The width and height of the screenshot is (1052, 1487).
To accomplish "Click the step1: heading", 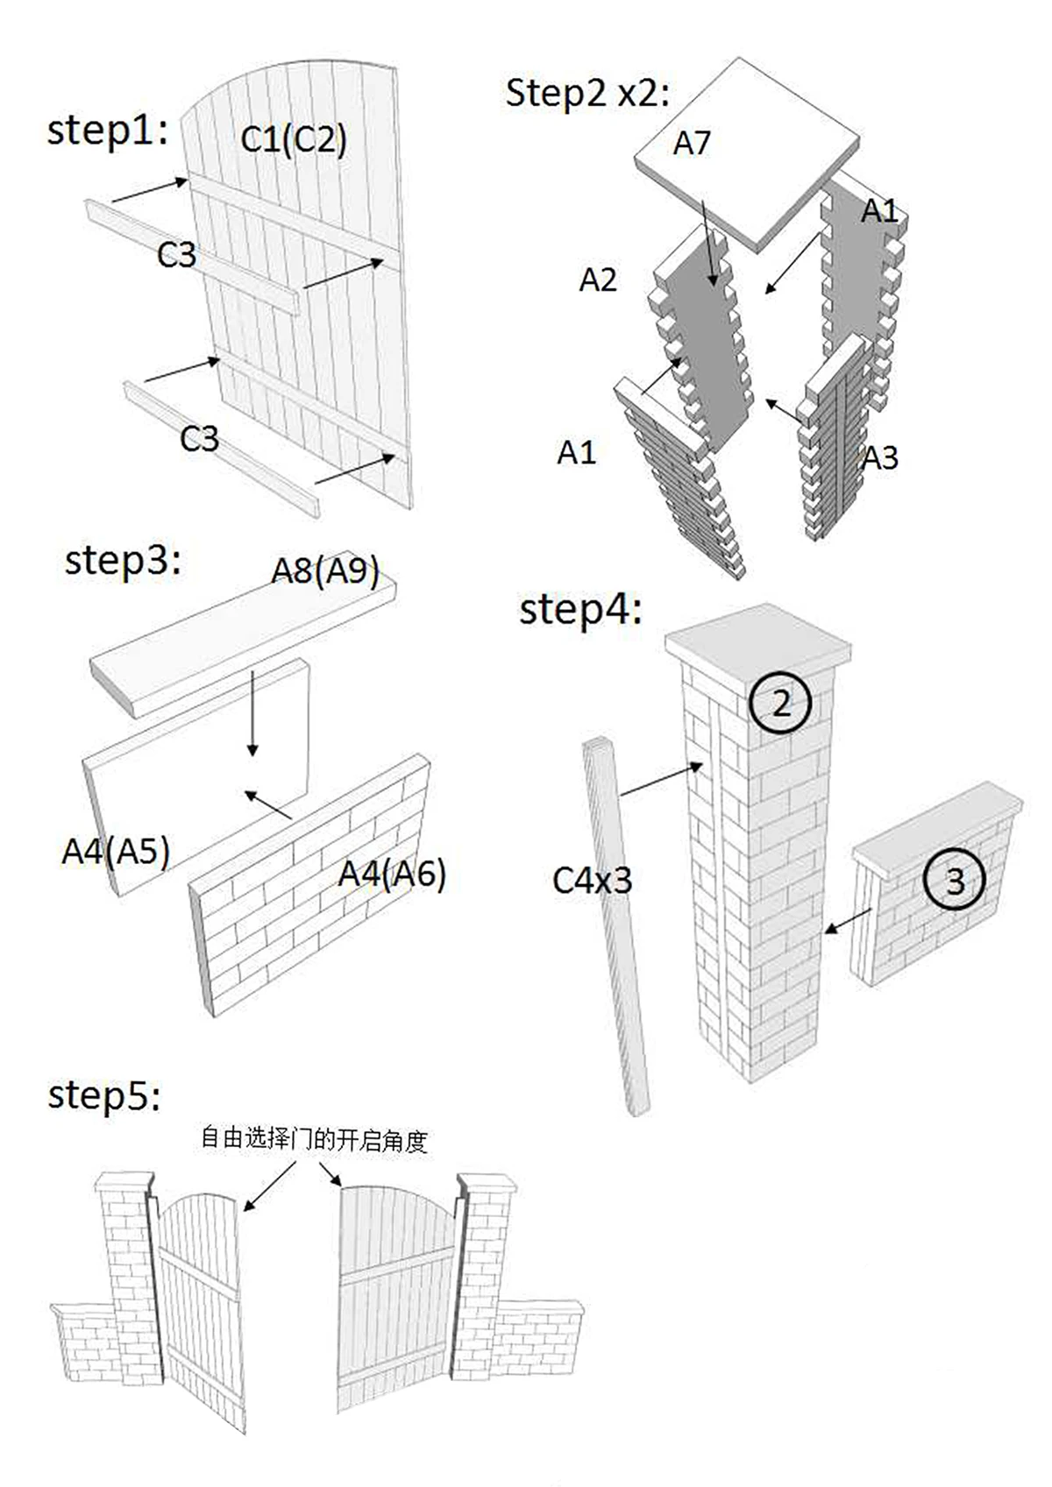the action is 108,130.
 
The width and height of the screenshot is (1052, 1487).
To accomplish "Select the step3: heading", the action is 123,561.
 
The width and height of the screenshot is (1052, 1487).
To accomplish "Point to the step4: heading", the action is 580,609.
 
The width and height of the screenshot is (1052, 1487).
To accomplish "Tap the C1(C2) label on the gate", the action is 294,139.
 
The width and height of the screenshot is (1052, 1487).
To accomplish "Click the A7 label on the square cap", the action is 692,143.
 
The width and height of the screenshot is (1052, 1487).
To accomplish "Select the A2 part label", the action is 598,280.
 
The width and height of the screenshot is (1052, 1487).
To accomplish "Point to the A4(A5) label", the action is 116,850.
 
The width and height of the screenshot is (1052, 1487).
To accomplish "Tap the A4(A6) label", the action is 392,874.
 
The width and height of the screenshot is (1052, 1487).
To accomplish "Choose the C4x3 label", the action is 592,881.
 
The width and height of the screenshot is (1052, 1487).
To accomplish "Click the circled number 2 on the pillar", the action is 780,703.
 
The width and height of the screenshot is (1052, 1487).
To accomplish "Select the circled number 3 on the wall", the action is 955,881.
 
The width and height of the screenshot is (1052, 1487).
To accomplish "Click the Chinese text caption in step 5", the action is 314,1141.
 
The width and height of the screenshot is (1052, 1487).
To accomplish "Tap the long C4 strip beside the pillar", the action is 616,926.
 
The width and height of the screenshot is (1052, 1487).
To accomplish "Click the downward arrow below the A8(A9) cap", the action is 252,712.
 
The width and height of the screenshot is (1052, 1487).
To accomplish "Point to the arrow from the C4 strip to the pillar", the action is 662,779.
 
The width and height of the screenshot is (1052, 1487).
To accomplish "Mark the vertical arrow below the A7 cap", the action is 709,243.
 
